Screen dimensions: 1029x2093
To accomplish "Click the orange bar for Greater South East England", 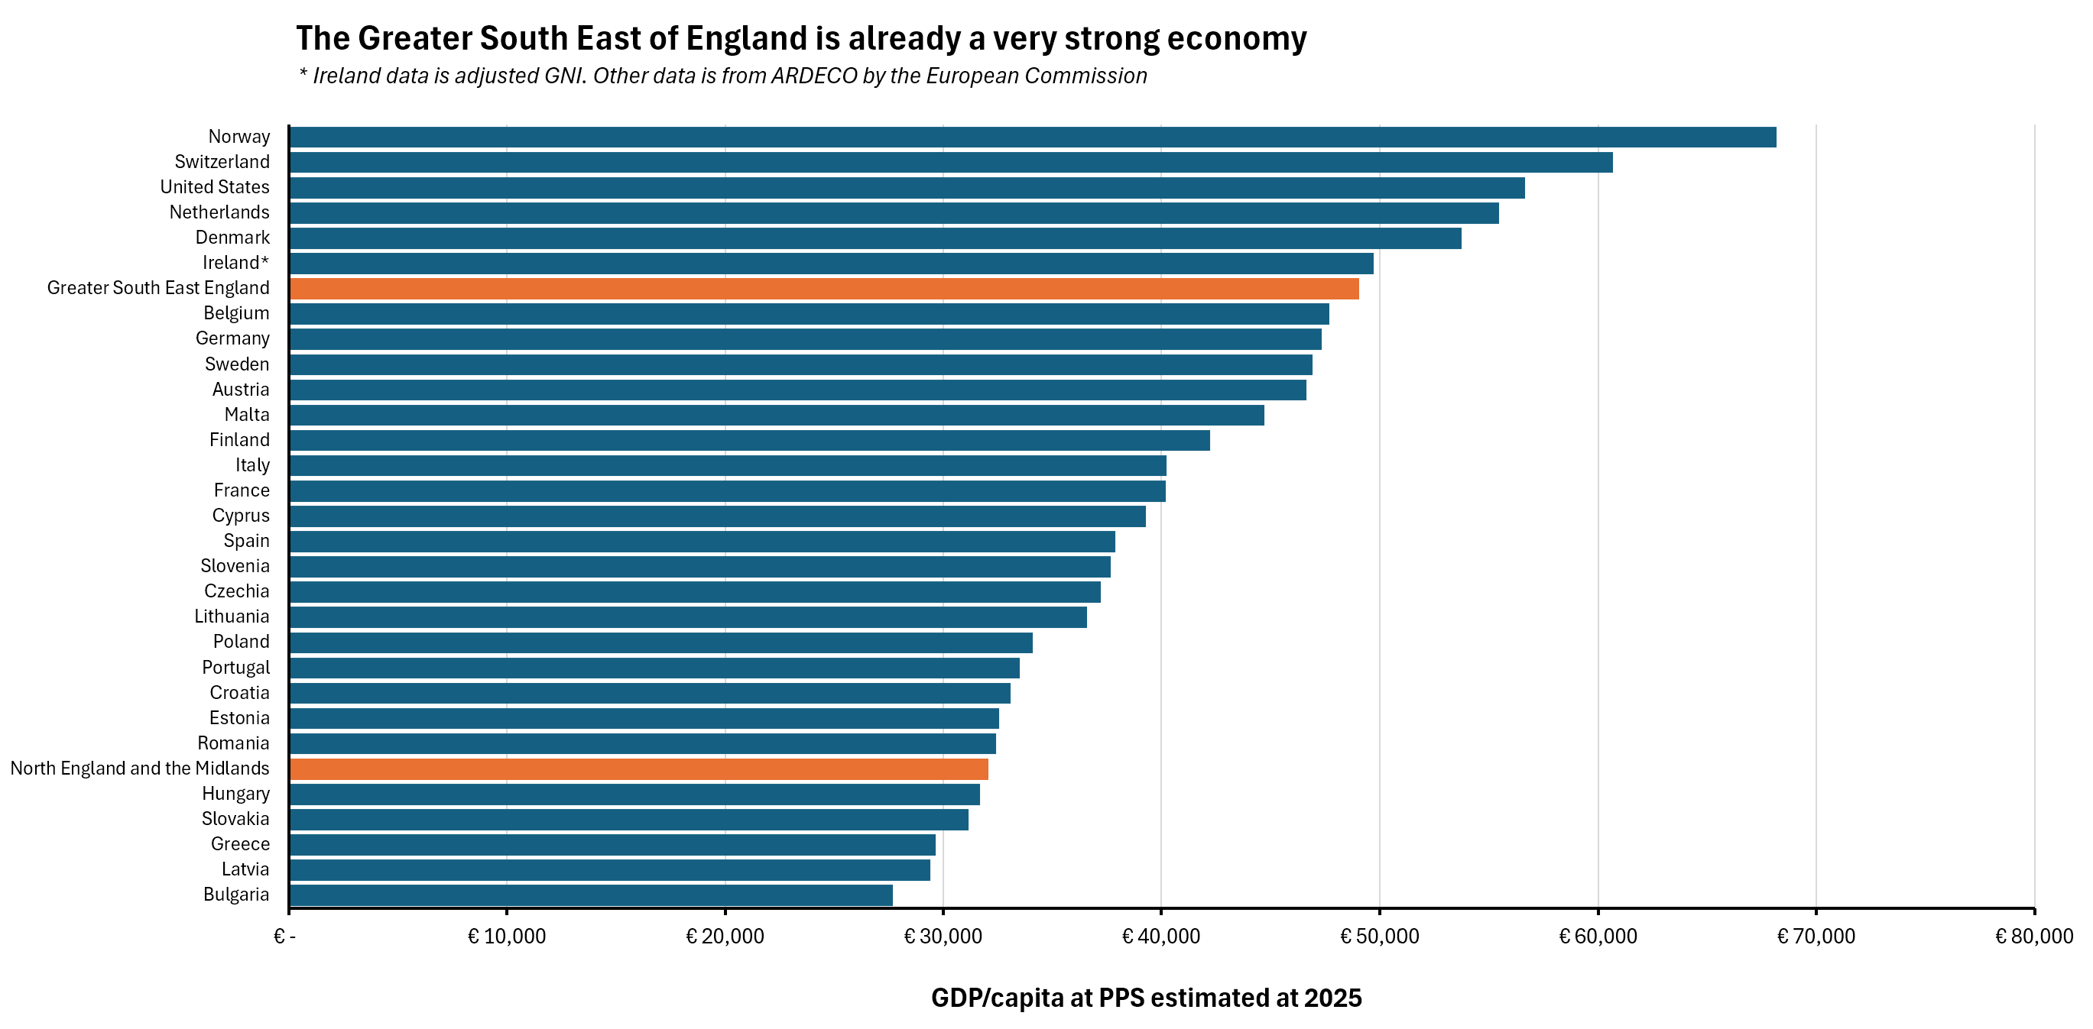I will pos(824,288).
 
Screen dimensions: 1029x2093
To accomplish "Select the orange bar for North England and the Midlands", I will pos(638,769).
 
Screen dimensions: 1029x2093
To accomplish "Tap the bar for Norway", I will pos(1032,137).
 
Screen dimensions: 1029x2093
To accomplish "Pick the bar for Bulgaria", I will pos(591,895).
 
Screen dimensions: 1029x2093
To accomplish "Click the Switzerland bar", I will pos(951,162).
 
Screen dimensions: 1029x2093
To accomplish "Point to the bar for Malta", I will pos(776,415).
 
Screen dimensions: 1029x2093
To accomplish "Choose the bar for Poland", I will pos(660,642).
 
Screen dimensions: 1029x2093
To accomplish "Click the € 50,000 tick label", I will pos(1379,937).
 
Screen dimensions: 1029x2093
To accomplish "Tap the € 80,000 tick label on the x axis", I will pos(2033,937).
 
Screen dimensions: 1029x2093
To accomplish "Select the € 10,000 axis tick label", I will pos(506,937).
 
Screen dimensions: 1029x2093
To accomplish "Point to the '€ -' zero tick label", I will pos(284,937).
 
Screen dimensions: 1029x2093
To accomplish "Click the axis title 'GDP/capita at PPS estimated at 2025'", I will pos(1146,998).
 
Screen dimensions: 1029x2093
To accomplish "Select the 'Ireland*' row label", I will pos(235,262).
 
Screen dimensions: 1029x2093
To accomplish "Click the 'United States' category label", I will pos(215,187).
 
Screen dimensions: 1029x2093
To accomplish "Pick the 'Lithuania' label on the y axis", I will pos(232,616).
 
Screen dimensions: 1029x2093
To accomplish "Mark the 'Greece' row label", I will pos(240,844).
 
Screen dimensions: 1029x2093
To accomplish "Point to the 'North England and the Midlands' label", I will pos(140,769).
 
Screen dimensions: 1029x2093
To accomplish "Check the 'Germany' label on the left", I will pos(232,338).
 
